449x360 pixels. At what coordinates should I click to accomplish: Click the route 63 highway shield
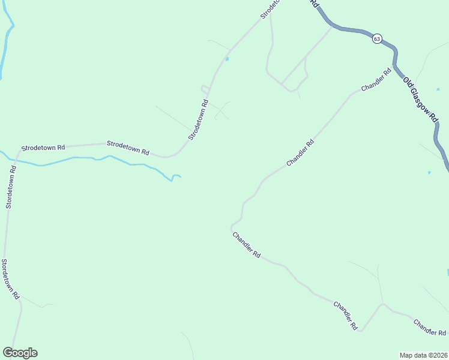[x=376, y=38]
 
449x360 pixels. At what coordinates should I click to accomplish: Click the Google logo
[x=20, y=353]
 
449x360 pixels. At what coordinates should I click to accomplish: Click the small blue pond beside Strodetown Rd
[x=226, y=59]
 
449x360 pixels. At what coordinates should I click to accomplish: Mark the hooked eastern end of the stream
[x=176, y=176]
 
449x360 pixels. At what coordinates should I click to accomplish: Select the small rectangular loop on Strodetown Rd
[x=205, y=89]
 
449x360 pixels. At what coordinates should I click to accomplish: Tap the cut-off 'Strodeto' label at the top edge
[x=271, y=8]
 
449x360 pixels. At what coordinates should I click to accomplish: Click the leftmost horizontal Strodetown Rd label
[x=43, y=147]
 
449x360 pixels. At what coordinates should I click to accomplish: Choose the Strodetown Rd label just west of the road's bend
[x=128, y=148]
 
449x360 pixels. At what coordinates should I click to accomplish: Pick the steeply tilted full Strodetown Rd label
[x=198, y=120]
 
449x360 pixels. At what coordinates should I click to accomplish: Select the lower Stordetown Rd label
[x=10, y=279]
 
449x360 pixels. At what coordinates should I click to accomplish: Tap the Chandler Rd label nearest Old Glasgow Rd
[x=376, y=80]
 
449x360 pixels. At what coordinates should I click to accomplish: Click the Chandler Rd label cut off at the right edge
[x=430, y=328]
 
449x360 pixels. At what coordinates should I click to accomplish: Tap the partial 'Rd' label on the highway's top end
[x=315, y=4]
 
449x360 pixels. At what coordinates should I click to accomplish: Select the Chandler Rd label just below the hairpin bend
[x=246, y=245]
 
